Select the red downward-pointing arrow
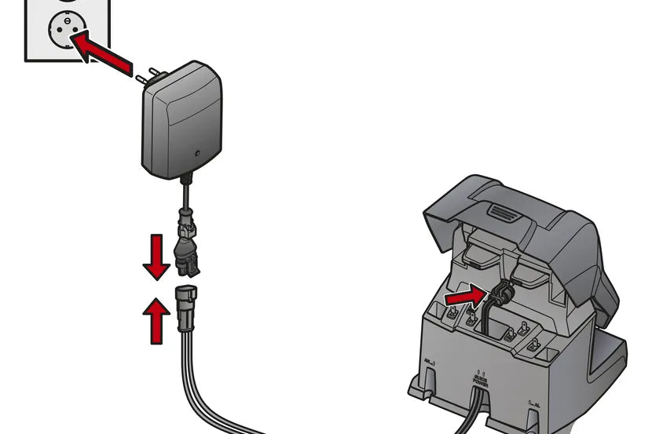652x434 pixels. pos(156,255)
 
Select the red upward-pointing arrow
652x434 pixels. pos(158,315)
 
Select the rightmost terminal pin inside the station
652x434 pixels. pos(533,344)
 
